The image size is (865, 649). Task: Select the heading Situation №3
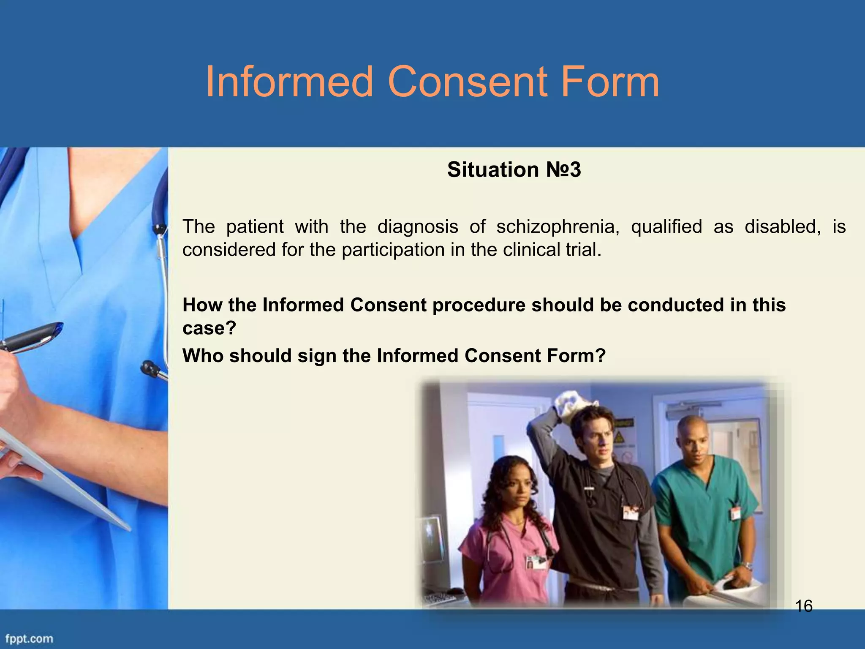[514, 170]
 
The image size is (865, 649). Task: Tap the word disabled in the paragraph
[783, 227]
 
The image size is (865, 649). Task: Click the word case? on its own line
[209, 328]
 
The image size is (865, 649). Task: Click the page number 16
[803, 606]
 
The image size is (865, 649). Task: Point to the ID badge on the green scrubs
[736, 513]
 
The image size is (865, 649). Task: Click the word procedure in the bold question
[479, 305]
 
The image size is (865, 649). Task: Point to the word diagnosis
[417, 227]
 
